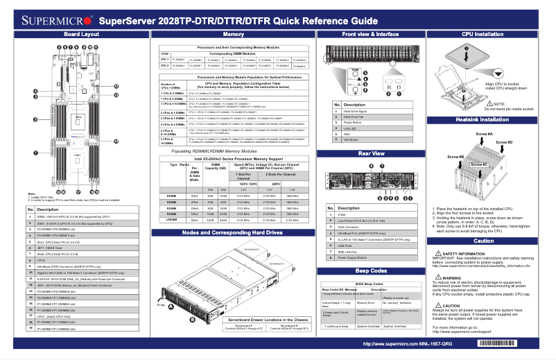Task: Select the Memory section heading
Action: coord(234,33)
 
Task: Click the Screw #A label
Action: coord(485,133)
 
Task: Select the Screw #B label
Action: coord(455,157)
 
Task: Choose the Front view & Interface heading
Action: coord(370,33)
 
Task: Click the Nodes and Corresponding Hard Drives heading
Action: coord(233,232)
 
